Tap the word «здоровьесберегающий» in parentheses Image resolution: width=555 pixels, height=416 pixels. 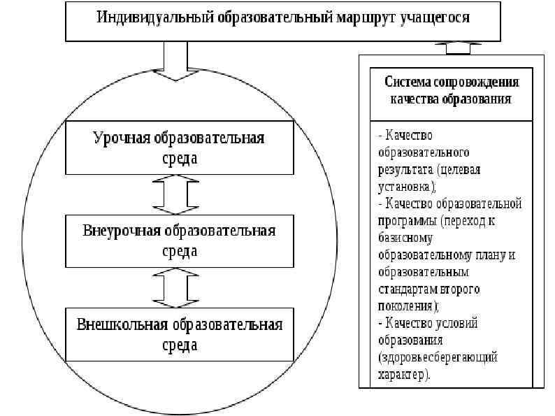tap(439, 357)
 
